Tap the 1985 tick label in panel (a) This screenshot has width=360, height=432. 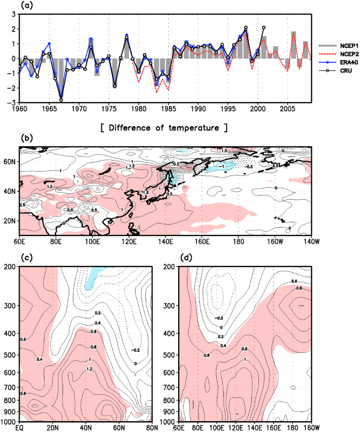click(x=168, y=108)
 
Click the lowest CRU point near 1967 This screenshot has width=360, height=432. click(x=61, y=100)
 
